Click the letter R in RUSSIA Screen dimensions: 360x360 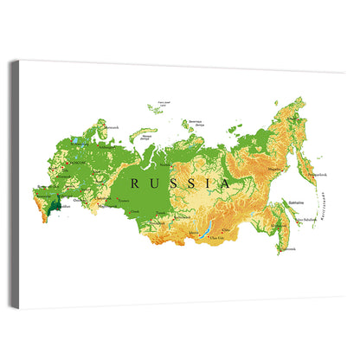click(x=132, y=184)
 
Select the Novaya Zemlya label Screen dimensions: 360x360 click(x=148, y=137)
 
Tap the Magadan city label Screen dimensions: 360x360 click(x=275, y=170)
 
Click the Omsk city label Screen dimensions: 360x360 click(x=134, y=210)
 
